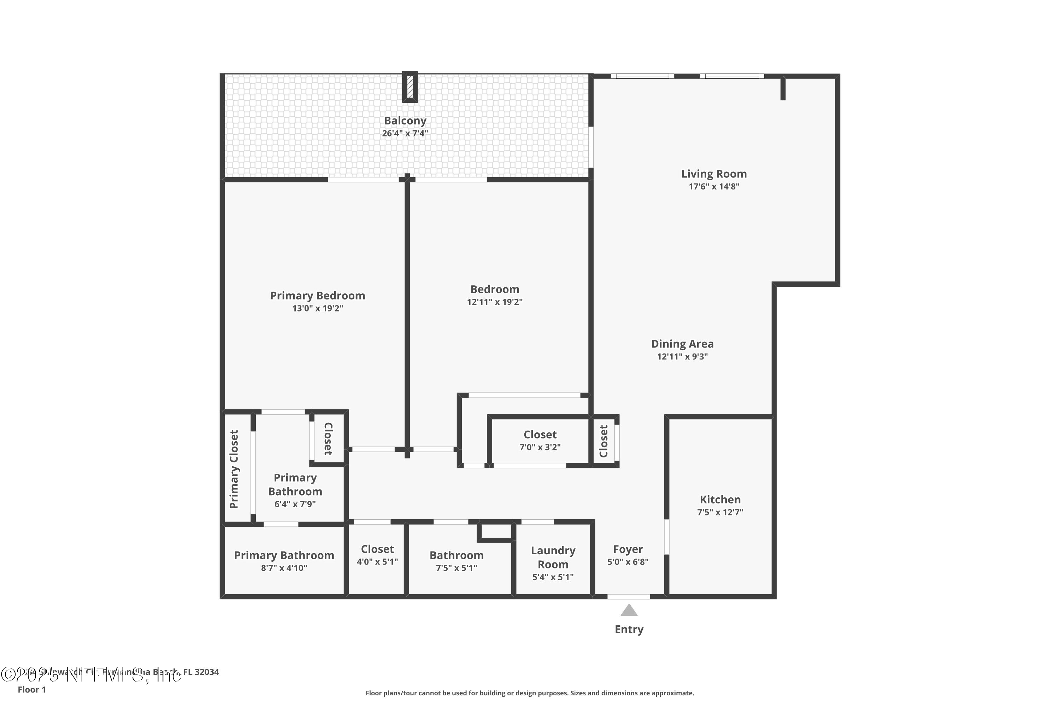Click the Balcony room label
[405, 121]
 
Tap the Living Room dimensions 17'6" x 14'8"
[714, 187]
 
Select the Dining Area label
[682, 344]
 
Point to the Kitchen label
[720, 499]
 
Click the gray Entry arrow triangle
[629, 611]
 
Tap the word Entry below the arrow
[629, 630]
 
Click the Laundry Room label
[553, 557]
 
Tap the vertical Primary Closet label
[234, 469]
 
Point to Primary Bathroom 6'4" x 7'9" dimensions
[295, 504]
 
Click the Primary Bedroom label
[317, 296]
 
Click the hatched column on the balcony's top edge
[410, 87]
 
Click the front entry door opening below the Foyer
[629, 597]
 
